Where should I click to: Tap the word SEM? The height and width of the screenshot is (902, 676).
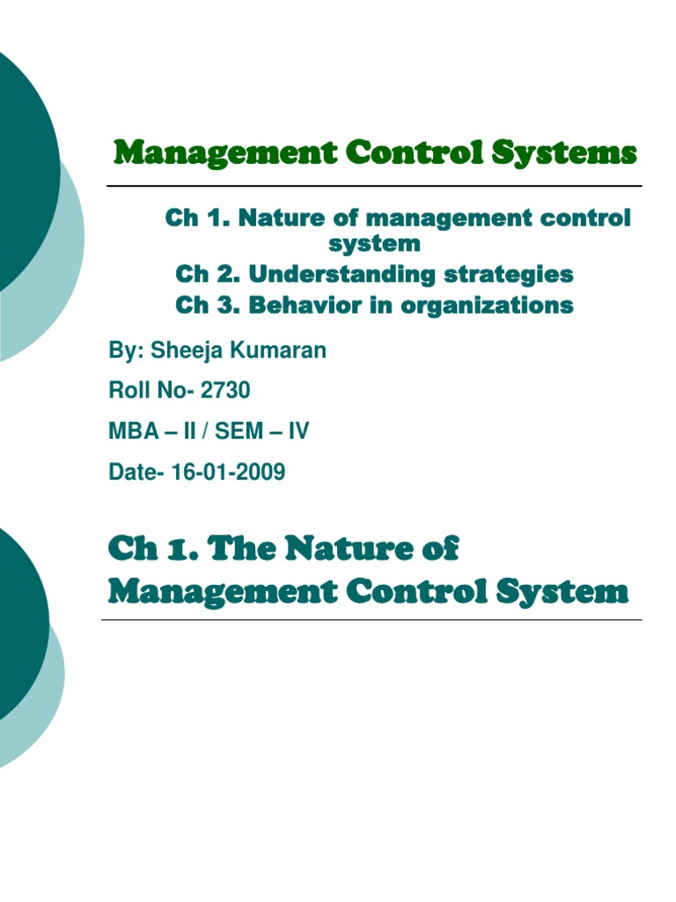pyautogui.click(x=238, y=432)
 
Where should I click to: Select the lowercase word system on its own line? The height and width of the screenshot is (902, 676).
pyautogui.click(x=374, y=242)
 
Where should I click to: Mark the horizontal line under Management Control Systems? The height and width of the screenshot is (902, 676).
pyautogui.click(x=374, y=186)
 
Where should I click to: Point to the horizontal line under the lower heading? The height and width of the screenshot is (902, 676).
pyautogui.click(x=371, y=619)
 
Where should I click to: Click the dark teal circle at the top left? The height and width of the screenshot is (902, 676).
pyautogui.click(x=18, y=167)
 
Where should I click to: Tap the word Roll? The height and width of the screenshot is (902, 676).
pyautogui.click(x=129, y=391)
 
